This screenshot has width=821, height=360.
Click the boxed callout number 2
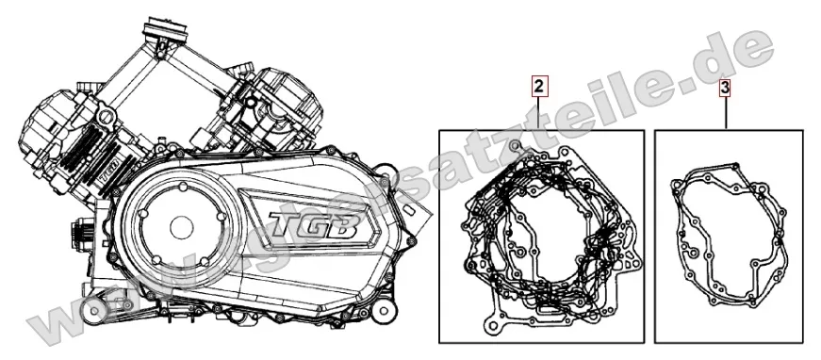pyautogui.click(x=537, y=89)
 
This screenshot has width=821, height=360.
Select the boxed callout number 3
pyautogui.click(x=725, y=89)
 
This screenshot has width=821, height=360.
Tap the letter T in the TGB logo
pyautogui.click(x=283, y=225)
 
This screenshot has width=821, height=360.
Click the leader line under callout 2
pyautogui.click(x=537, y=113)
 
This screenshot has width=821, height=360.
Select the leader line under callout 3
pyautogui.click(x=725, y=113)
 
